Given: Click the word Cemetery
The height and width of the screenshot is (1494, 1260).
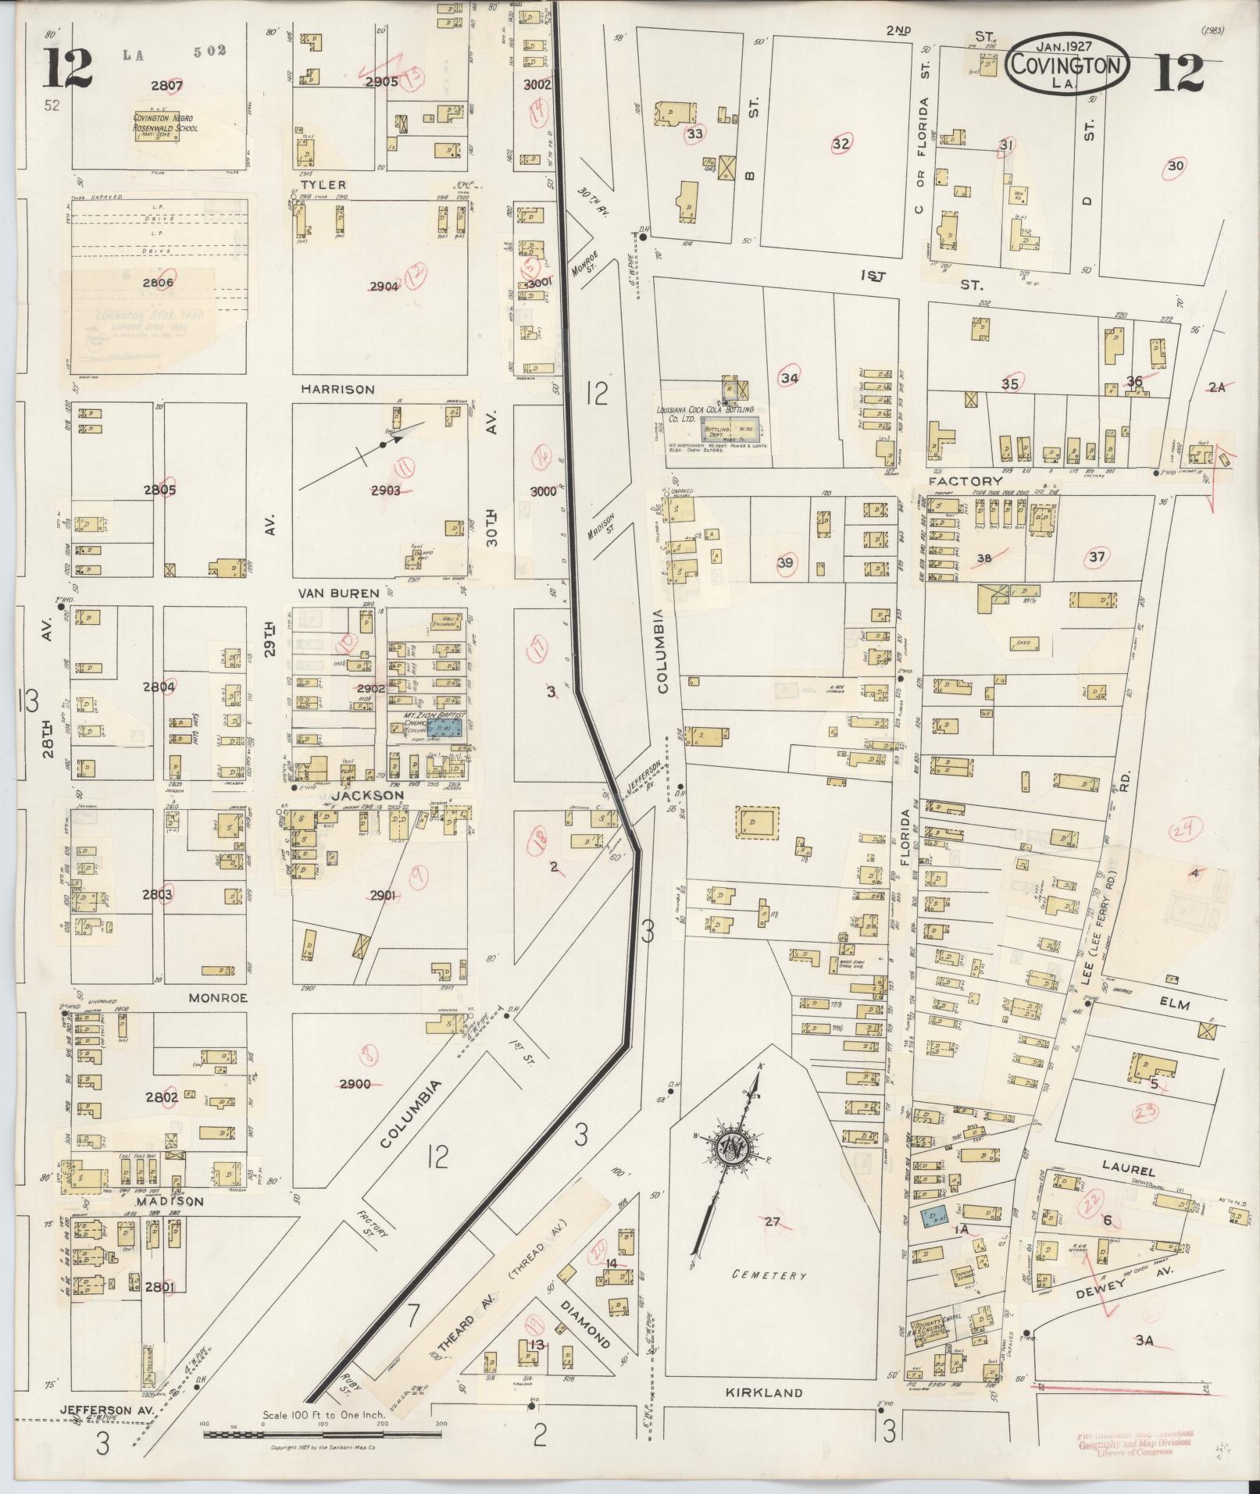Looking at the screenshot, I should click(769, 1275).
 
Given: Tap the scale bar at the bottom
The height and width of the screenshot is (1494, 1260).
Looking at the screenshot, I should click(323, 1433).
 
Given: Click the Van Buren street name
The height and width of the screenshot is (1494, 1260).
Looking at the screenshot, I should click(341, 593).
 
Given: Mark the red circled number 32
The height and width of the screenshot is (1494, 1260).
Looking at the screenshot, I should click(841, 144).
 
